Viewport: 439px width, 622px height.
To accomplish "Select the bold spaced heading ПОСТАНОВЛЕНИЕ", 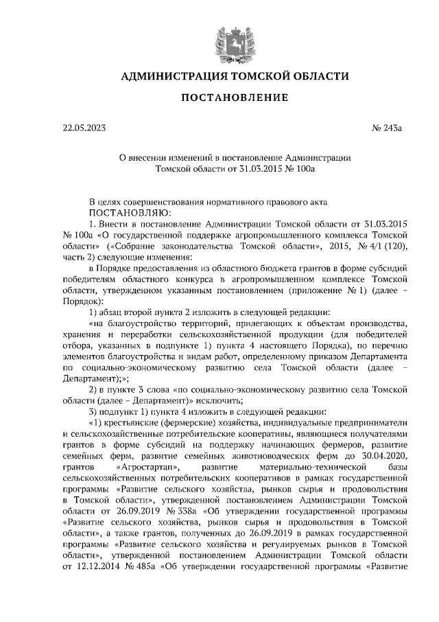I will pos(234,100).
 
